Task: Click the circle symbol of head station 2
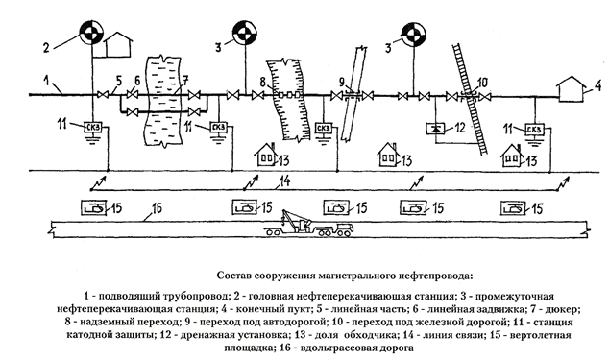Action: (x=91, y=33)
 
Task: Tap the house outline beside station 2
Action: (x=119, y=45)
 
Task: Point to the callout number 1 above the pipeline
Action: (x=47, y=82)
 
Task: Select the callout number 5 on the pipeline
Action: (x=118, y=82)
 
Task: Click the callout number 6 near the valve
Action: (x=137, y=82)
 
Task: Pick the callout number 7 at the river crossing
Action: (x=185, y=82)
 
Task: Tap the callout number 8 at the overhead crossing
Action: (x=263, y=82)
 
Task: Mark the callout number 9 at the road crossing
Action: (x=342, y=82)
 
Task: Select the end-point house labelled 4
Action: (x=571, y=89)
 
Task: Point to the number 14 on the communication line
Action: (x=284, y=181)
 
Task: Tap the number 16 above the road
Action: (x=157, y=209)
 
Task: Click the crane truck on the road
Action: (x=309, y=224)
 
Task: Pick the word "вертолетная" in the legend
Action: (x=548, y=335)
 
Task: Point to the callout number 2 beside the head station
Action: (x=46, y=48)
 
